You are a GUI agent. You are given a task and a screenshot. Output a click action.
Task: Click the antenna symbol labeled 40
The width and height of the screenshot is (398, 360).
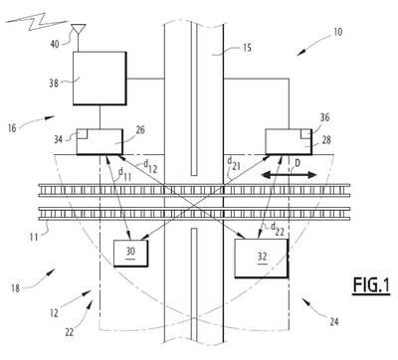pos(79,33)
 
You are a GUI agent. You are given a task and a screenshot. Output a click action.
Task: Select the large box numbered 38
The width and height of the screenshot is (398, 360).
pos(99,79)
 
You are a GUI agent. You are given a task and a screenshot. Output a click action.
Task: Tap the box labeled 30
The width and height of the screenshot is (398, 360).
pos(130,253)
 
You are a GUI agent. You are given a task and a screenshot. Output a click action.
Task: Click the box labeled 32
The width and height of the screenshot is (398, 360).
pos(262,259)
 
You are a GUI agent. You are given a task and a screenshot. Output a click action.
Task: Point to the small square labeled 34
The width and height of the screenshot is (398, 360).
pos(82,134)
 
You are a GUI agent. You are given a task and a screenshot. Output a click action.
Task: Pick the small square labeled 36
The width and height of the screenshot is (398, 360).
pos(306,134)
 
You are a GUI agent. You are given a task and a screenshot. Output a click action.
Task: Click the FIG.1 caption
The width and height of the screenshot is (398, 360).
pos(371,284)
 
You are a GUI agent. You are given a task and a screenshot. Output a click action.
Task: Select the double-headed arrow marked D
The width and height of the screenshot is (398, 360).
pos(289,175)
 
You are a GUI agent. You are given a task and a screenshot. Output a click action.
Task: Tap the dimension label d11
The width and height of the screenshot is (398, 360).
pos(124,173)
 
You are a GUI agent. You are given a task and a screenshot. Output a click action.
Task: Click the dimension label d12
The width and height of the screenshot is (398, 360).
pos(150,166)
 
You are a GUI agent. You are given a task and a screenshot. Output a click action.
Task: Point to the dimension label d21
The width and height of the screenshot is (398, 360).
pos(233,163)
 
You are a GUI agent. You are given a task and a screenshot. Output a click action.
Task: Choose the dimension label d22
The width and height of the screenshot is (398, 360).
pos(278,229)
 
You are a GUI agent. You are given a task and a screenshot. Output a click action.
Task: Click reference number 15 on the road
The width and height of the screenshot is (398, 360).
pos(247,48)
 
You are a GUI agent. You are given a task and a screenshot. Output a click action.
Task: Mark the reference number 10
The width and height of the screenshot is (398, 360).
pos(337,32)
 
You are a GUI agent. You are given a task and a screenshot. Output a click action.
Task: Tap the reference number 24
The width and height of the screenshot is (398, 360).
pos(333,321)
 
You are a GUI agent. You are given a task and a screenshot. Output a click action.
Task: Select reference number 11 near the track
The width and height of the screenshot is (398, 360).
pos(34,237)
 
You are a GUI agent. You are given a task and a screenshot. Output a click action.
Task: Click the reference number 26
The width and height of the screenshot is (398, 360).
pos(140,130)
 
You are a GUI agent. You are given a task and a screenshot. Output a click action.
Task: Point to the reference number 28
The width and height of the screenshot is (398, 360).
pos(326,140)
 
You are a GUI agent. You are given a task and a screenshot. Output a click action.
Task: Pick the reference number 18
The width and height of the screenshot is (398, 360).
pos(15,288)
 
